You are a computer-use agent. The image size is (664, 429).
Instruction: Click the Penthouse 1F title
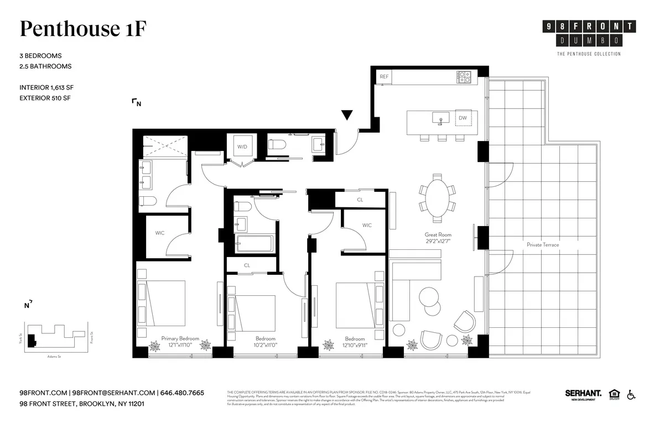(x=83, y=29)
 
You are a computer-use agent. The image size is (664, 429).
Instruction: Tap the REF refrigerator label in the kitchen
(x=384, y=77)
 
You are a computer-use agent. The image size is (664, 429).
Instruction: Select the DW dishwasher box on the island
(x=463, y=118)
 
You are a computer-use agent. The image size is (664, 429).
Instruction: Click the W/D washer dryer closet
(x=242, y=147)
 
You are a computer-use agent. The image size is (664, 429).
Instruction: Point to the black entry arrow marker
(x=347, y=115)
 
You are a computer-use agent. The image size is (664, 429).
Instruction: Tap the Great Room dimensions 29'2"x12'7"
(x=438, y=241)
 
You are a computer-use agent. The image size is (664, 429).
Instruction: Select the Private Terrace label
(x=542, y=244)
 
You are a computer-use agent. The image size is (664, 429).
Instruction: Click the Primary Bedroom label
(x=180, y=338)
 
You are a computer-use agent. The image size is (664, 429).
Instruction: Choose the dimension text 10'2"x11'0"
(x=266, y=345)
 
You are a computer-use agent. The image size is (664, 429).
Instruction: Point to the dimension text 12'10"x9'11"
(x=355, y=345)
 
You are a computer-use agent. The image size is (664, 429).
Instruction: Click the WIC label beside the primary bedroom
(x=160, y=233)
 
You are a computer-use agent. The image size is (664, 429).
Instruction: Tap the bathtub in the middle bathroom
(x=253, y=243)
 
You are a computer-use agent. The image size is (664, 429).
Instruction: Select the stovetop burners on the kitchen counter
(x=464, y=77)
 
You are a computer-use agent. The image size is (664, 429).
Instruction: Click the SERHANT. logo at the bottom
(x=583, y=394)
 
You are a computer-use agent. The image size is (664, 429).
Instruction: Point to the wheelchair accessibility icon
(x=631, y=394)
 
